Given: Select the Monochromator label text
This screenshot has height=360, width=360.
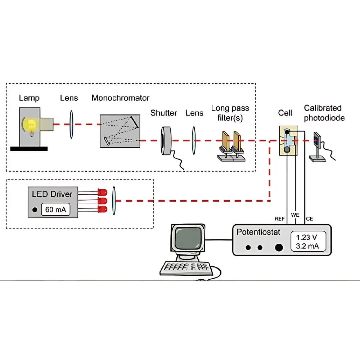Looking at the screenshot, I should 120,98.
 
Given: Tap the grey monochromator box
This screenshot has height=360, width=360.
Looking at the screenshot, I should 120,131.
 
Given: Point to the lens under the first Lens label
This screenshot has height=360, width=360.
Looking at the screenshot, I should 71,125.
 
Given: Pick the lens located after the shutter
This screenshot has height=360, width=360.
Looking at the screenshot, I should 194,140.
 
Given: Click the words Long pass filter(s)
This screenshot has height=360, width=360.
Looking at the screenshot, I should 230,112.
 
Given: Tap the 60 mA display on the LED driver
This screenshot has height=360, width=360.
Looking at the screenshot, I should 55,210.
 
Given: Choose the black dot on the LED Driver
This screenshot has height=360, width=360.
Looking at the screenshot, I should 35,210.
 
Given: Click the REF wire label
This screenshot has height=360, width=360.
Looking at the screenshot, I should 280,219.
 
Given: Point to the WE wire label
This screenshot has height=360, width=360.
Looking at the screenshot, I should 295,215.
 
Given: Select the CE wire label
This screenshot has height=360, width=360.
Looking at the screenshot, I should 309,219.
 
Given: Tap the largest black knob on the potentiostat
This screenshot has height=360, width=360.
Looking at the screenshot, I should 279,247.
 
